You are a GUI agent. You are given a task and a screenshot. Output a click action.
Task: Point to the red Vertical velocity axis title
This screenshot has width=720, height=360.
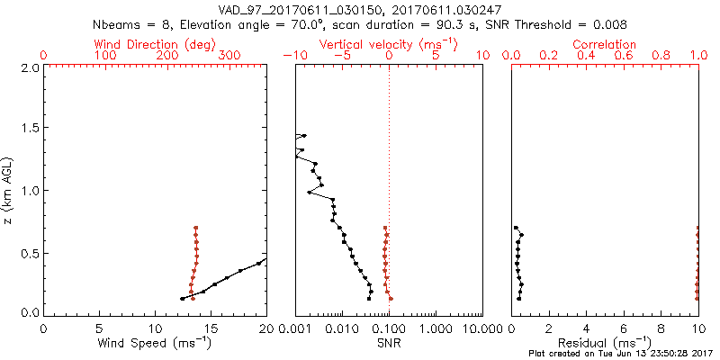tap(388, 44)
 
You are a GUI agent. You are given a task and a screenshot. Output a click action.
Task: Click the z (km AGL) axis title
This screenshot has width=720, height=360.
tap(8, 190)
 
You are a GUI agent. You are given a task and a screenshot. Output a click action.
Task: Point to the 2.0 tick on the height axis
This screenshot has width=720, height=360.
tap(29, 67)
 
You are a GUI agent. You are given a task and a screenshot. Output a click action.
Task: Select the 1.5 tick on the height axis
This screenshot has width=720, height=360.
tap(29, 129)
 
